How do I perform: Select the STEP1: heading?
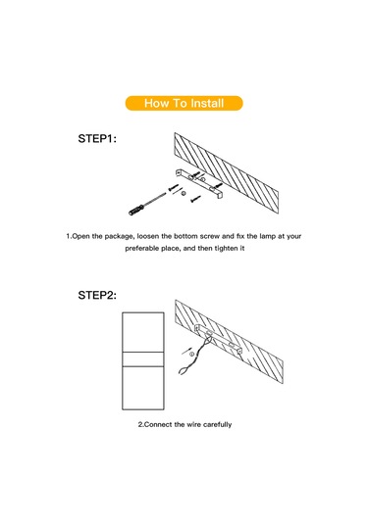coord(97,139)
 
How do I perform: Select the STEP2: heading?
coord(97,295)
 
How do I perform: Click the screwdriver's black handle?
coord(136,211)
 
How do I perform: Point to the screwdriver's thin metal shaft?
coord(155,199)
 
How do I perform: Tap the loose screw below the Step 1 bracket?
coord(195,199)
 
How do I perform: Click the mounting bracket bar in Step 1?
coord(199,183)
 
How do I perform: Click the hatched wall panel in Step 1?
coord(227,172)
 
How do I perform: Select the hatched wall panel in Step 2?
coord(230,341)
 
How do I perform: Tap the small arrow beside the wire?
coord(185,351)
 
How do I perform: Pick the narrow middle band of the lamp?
coord(143,359)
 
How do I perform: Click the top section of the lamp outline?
coord(143,332)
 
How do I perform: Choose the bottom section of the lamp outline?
coord(143,388)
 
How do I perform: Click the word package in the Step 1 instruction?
coord(119,237)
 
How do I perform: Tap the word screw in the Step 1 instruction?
coord(210,236)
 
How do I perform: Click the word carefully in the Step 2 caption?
coord(218,425)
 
